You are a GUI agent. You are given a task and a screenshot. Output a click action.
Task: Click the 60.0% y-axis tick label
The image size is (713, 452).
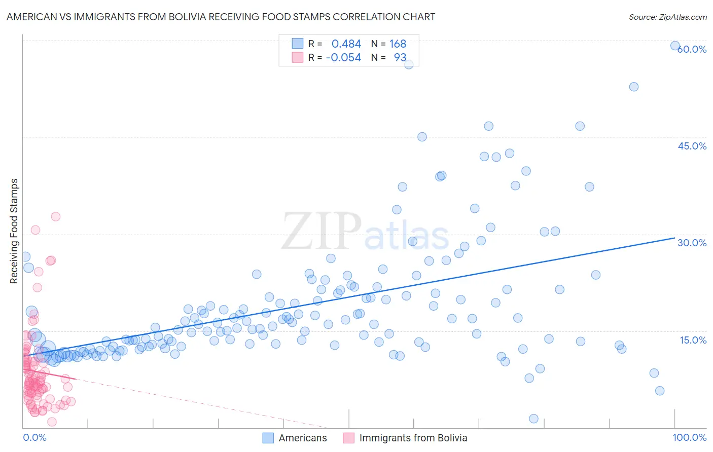(692, 49)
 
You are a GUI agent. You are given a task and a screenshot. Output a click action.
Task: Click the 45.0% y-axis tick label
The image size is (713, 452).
(692, 146)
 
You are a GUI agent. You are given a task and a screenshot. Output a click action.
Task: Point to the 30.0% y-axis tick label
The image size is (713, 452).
(692, 243)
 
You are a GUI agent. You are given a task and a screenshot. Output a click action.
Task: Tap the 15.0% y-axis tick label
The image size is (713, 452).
(693, 340)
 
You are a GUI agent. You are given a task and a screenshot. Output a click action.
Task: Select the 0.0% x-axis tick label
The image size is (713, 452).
(34, 437)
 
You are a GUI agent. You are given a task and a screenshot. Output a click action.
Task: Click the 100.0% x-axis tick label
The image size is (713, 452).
(689, 437)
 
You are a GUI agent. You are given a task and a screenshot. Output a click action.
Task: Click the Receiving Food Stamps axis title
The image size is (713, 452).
(14, 231)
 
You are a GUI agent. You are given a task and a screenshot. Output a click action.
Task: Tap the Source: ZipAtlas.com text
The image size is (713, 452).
(667, 17)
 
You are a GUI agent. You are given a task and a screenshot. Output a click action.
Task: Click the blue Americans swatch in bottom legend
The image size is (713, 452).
(268, 438)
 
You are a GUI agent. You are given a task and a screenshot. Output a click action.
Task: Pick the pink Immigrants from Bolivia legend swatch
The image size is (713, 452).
(348, 438)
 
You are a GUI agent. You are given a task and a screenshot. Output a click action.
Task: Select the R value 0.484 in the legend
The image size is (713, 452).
(346, 44)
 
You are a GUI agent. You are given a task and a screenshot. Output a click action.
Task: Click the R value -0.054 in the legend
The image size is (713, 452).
(343, 57)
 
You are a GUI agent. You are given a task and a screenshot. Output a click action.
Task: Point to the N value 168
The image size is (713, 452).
(398, 44)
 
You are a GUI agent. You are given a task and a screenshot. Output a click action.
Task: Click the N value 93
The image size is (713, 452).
(400, 57)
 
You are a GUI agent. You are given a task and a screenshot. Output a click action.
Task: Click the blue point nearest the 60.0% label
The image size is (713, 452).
(675, 46)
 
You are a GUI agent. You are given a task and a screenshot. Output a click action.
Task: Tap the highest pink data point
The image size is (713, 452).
(56, 216)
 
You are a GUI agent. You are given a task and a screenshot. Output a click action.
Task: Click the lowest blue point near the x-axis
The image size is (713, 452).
(533, 419)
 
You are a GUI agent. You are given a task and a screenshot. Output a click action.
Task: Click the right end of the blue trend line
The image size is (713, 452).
(674, 237)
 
